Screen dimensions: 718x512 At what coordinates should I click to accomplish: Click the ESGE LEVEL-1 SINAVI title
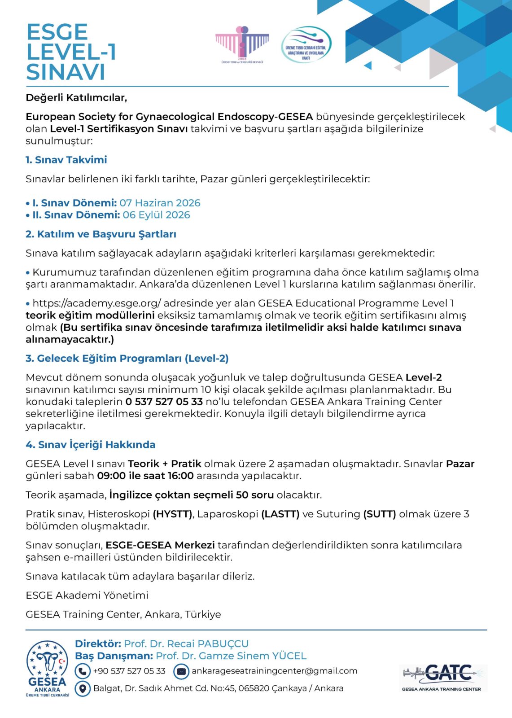[71, 52]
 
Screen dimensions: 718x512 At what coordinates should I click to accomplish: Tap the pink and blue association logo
[242, 44]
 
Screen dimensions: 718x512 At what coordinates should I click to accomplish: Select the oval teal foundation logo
[306, 44]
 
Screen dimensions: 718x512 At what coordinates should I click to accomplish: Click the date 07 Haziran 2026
[160, 203]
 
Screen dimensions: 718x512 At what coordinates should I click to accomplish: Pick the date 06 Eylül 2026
[156, 215]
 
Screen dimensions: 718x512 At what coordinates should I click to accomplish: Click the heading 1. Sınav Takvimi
[66, 160]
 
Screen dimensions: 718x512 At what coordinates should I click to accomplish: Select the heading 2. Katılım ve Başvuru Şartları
[101, 234]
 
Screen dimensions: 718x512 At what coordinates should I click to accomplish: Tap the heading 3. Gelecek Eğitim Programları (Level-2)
[127, 359]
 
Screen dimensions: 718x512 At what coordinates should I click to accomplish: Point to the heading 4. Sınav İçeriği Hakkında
[91, 445]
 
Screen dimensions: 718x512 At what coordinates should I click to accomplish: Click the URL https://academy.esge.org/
[97, 303]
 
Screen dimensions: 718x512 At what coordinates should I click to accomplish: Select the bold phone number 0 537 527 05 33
[164, 402]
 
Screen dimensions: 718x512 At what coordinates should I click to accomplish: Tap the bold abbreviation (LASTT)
[280, 514]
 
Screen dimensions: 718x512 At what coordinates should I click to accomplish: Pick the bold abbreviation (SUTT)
[380, 514]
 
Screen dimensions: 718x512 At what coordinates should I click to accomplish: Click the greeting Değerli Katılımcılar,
[76, 97]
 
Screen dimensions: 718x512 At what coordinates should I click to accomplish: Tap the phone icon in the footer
[82, 671]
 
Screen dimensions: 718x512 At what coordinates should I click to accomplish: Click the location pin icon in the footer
[82, 688]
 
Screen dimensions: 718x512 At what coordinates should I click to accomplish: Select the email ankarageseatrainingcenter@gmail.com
[274, 671]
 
